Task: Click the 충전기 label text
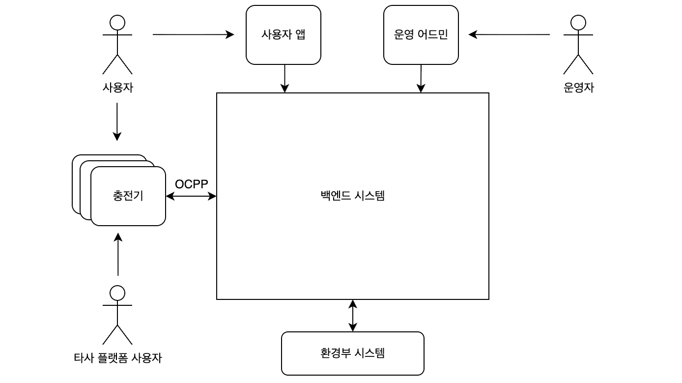tap(128, 196)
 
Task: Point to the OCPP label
tap(191, 184)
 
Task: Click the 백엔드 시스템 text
tap(353, 196)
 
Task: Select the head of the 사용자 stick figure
tap(117, 23)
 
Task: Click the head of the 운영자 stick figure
tap(578, 23)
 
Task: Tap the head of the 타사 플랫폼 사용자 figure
tap(117, 293)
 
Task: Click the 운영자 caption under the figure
tap(578, 88)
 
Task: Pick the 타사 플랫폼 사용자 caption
tap(117, 358)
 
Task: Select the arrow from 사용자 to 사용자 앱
tap(193, 35)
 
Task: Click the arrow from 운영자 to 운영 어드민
tap(509, 35)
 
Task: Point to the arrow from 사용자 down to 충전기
tap(117, 122)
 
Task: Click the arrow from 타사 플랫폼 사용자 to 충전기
tap(118, 254)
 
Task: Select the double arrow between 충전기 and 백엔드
tap(191, 196)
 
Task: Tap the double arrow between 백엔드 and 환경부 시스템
tap(353, 316)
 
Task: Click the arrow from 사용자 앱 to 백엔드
tap(284, 79)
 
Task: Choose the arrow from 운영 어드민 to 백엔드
tap(421, 79)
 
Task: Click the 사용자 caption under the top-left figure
tap(117, 88)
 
